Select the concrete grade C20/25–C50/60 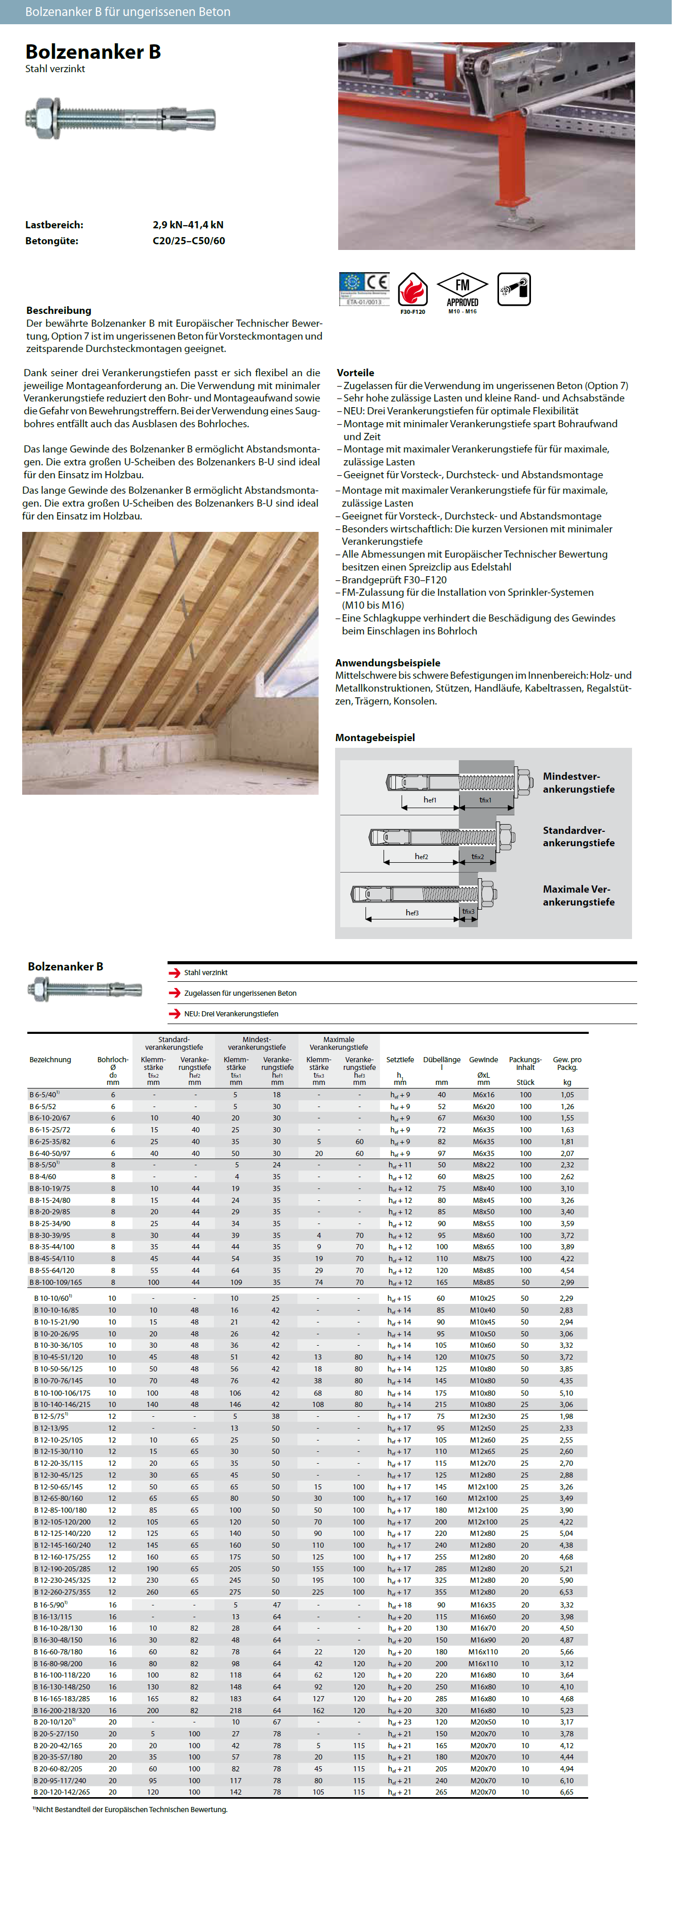point(188,241)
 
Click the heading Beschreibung point(58,310)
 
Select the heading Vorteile point(355,372)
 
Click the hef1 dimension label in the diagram point(430,799)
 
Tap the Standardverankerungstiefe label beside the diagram point(578,836)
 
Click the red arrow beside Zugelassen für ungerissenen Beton point(174,993)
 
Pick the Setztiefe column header point(400,1060)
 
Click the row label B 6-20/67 point(50,1118)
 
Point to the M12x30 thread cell point(482,1417)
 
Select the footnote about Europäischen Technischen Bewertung point(131,1810)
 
